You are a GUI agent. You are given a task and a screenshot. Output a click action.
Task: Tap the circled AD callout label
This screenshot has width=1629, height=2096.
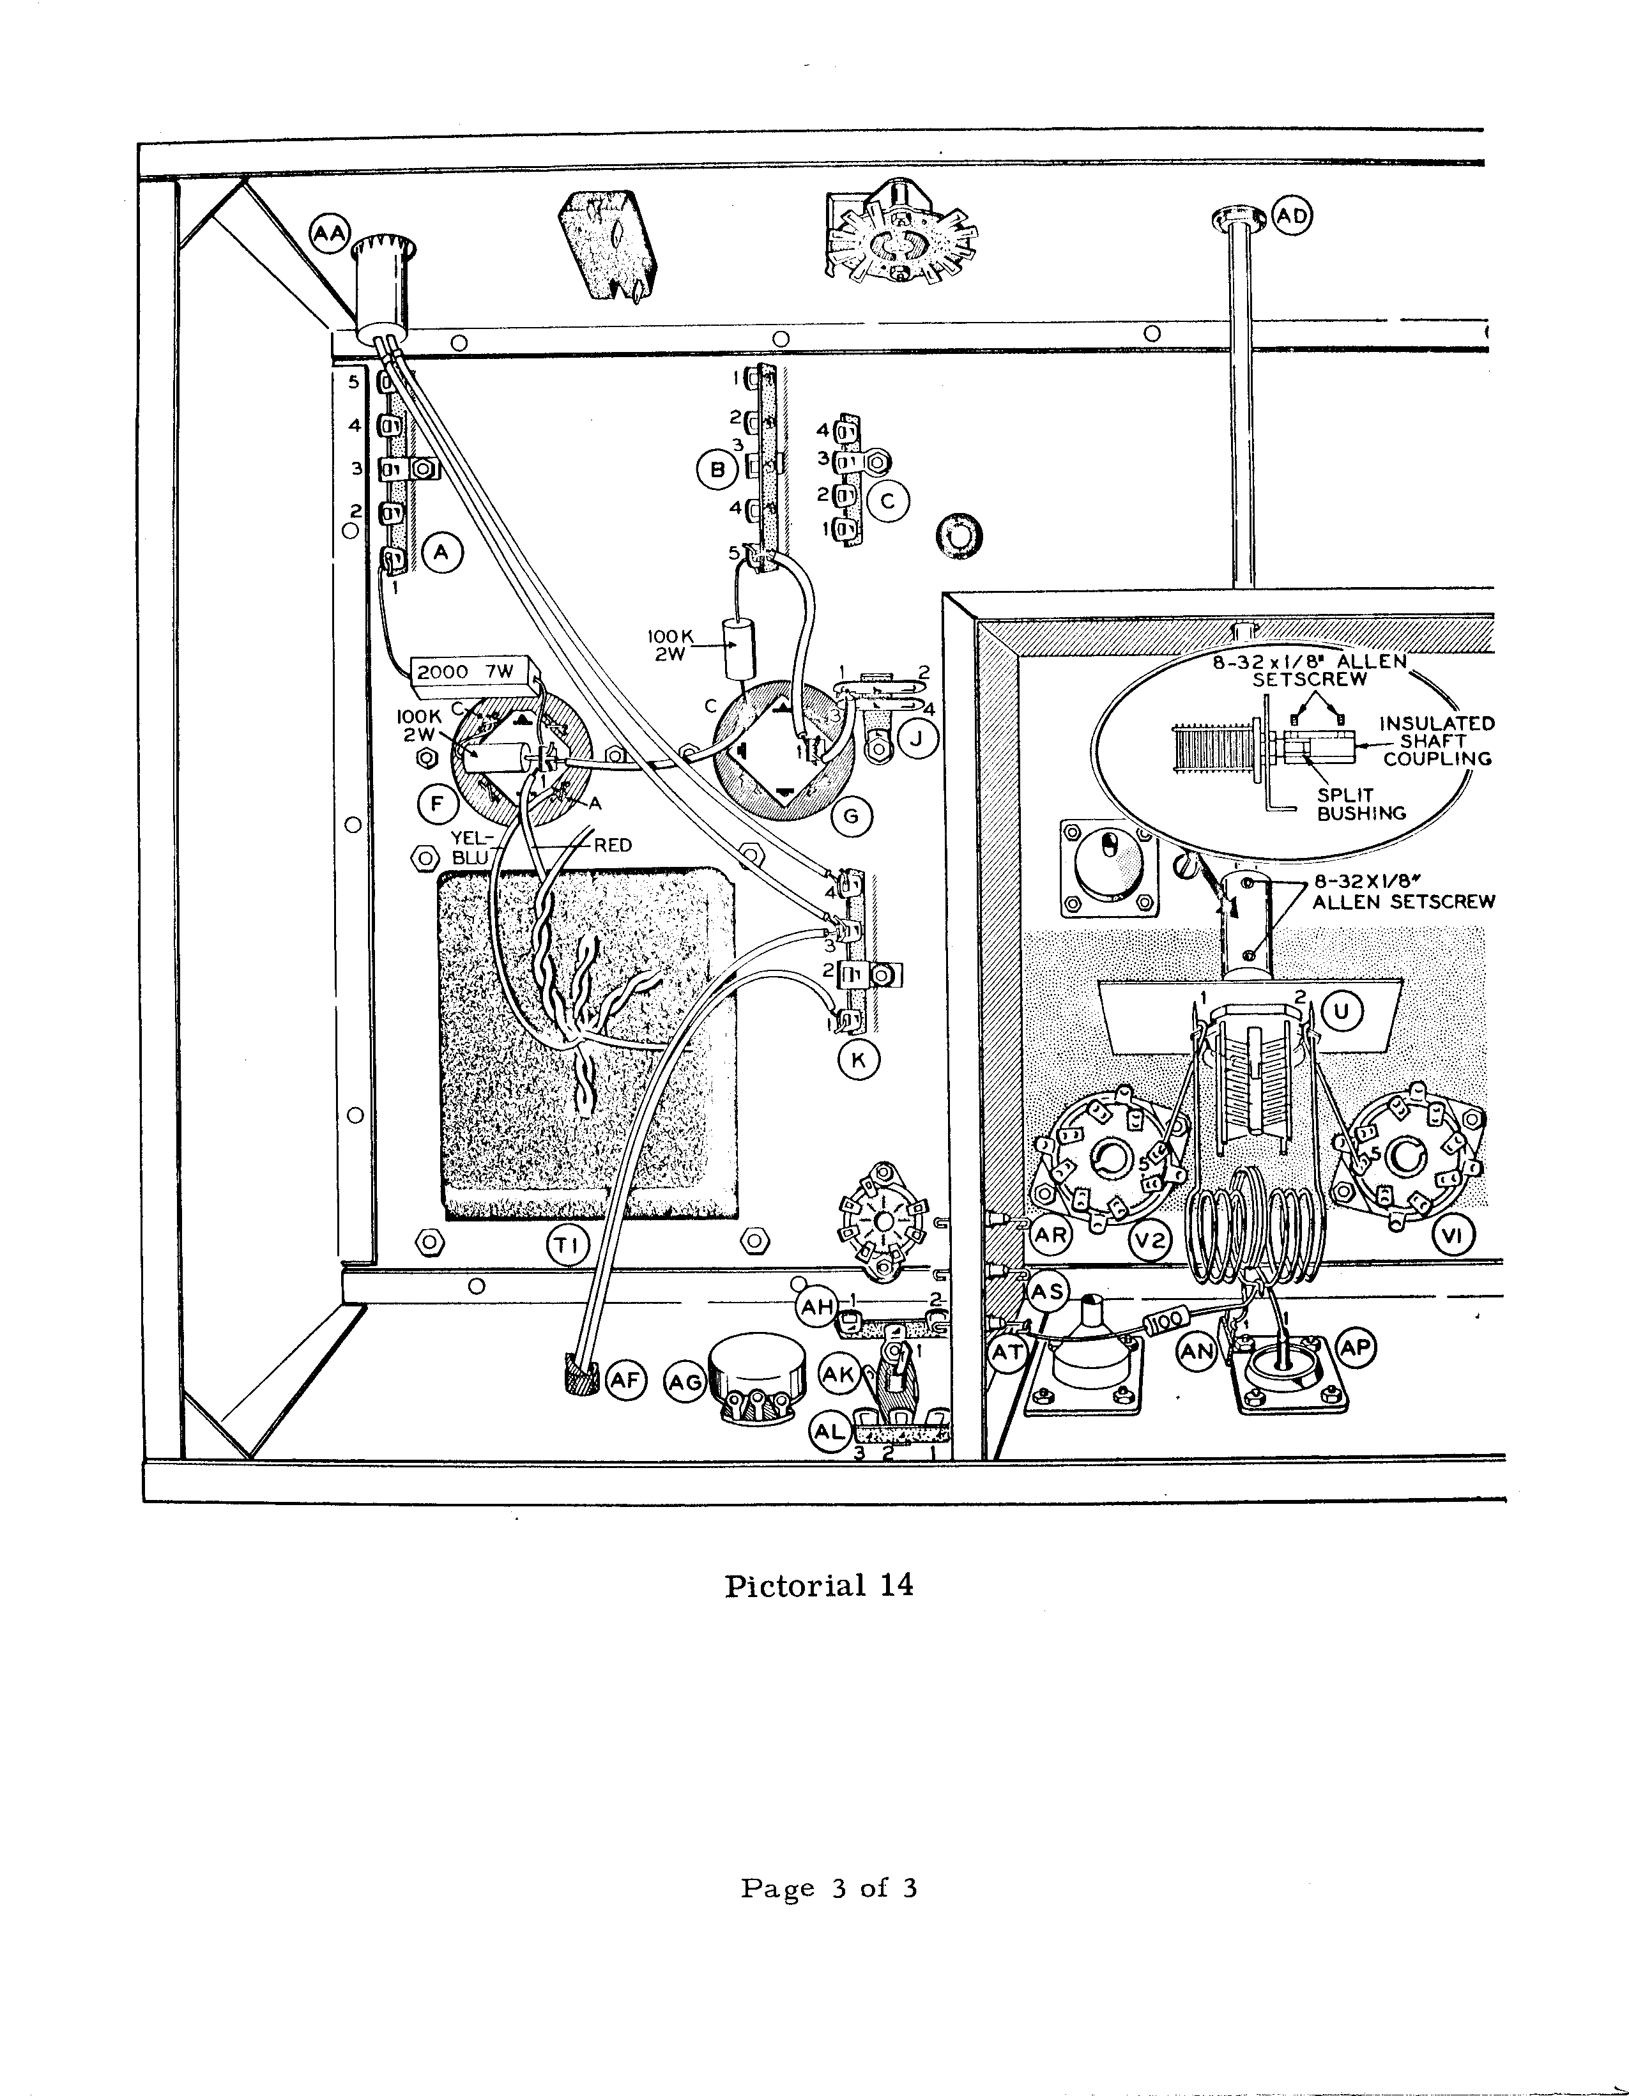pos(1292,216)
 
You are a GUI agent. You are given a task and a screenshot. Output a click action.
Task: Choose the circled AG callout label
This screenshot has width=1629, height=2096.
pos(685,1383)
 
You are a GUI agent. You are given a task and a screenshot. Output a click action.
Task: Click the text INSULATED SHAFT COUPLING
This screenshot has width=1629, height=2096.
pos(1436,741)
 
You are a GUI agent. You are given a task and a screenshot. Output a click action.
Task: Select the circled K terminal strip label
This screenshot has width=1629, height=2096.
pos(858,1060)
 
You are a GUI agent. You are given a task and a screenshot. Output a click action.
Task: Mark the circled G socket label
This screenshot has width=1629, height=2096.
pos(850,816)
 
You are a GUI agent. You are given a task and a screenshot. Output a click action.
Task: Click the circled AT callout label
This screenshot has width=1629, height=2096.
pos(1008,1352)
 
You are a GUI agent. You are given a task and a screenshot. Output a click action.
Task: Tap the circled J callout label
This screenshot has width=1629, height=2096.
pos(919,739)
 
